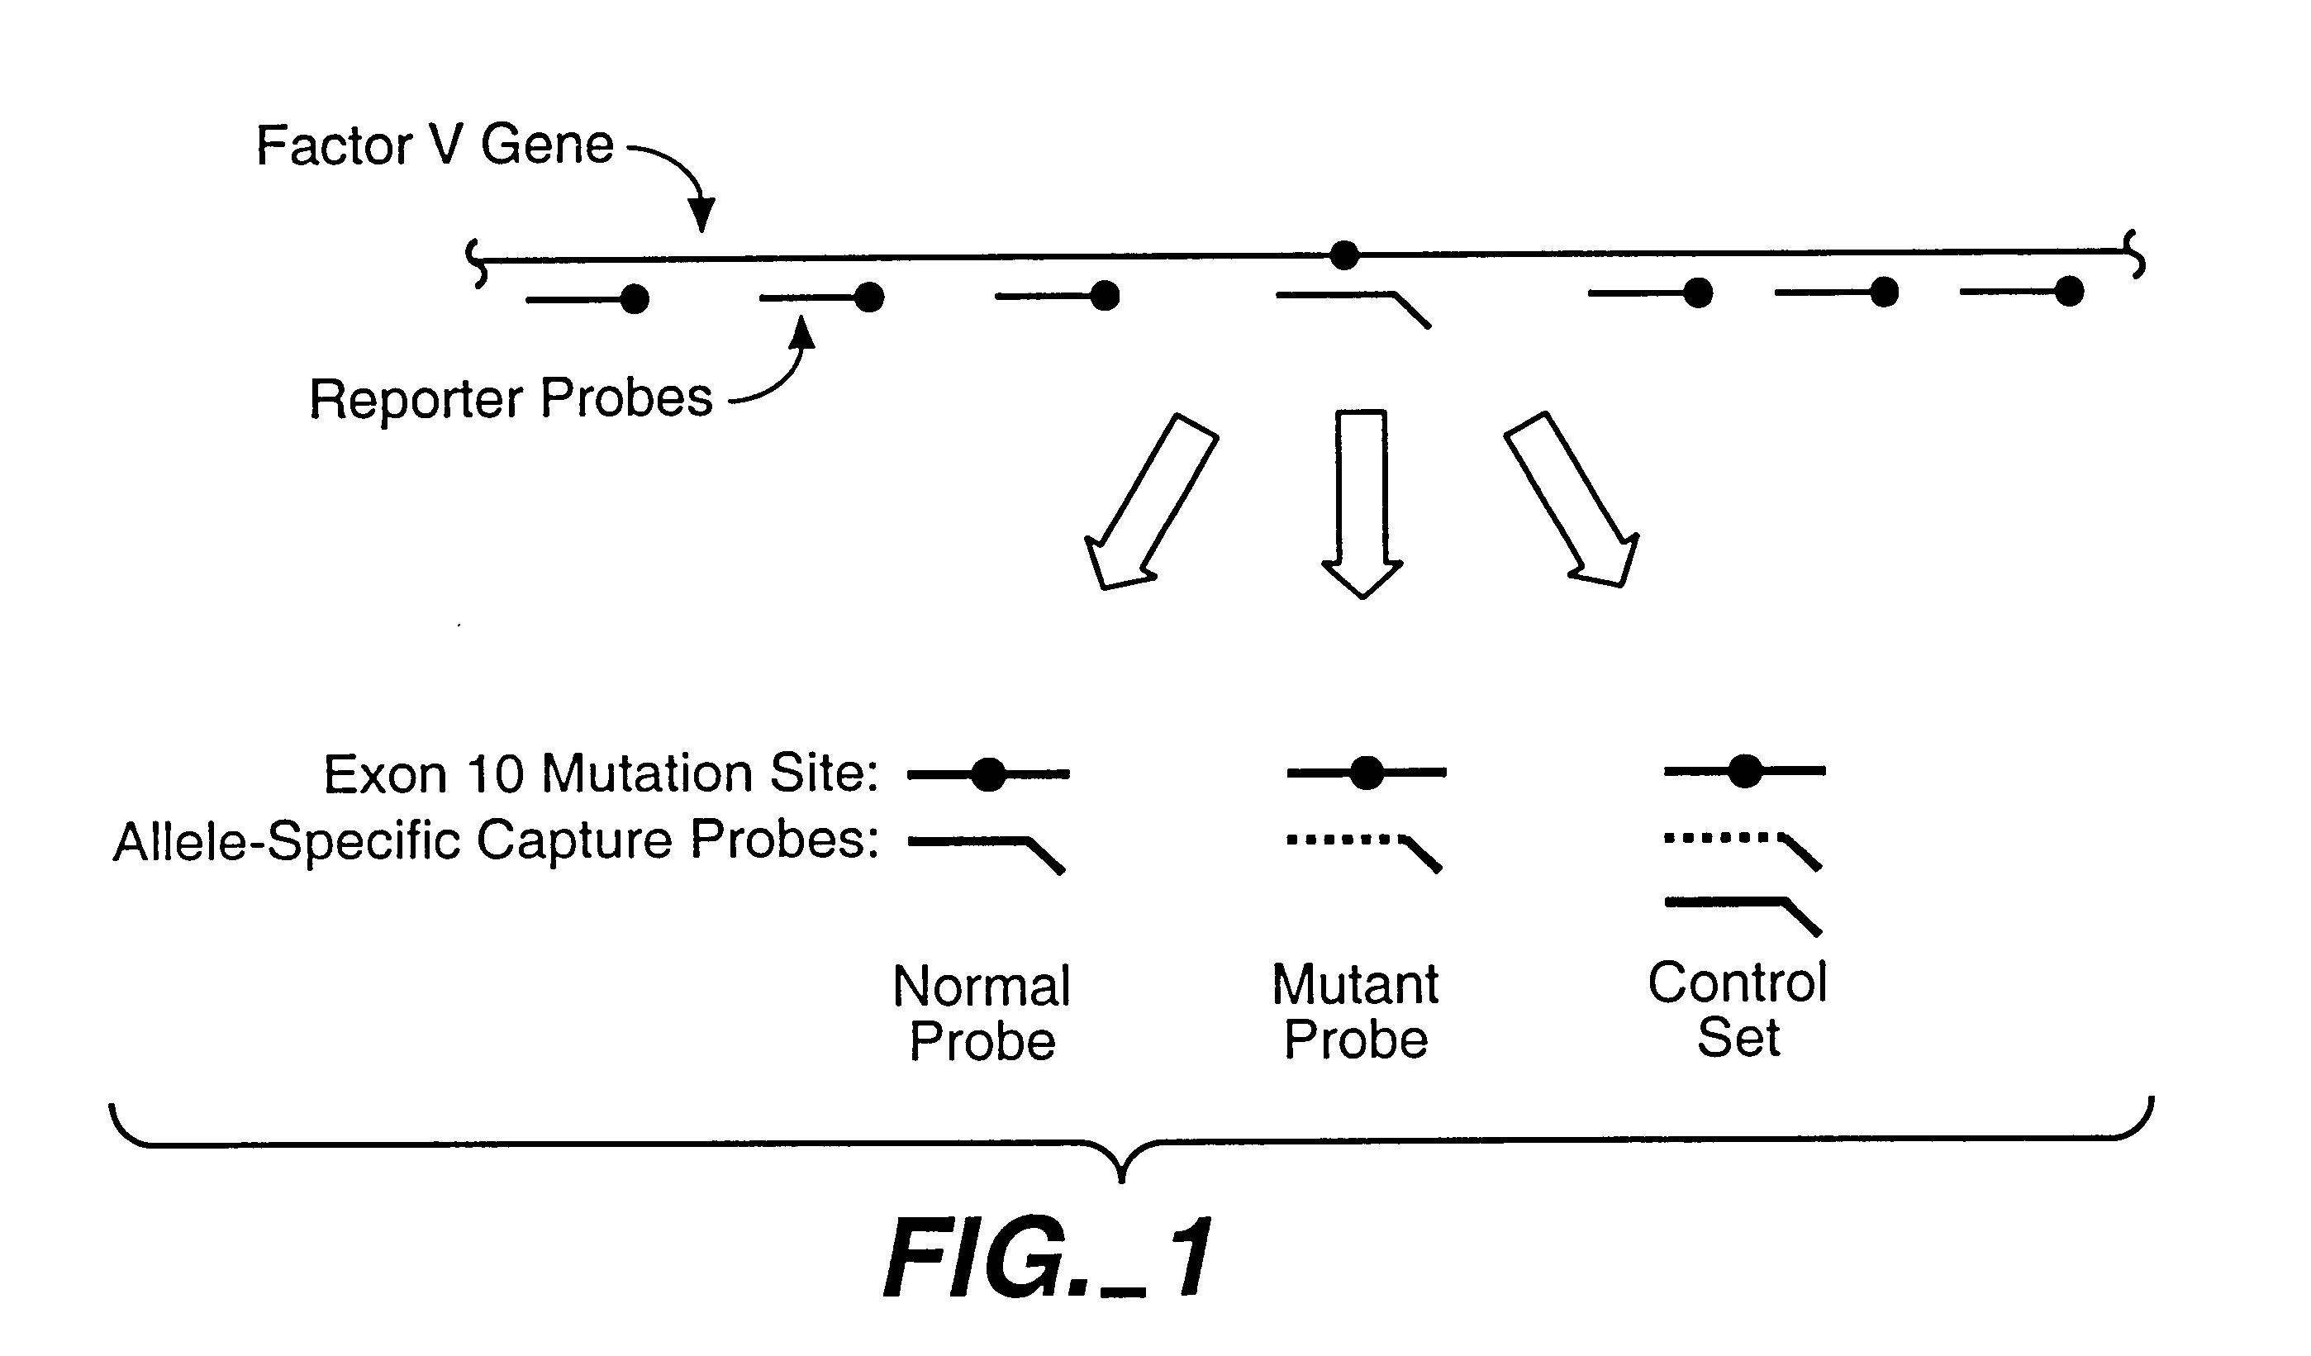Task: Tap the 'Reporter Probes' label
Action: point(511,398)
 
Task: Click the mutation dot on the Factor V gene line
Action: point(1343,255)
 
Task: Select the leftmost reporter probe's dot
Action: point(635,299)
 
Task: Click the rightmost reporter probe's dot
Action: point(2069,292)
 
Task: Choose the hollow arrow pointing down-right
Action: point(1572,499)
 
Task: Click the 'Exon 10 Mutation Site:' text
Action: point(601,773)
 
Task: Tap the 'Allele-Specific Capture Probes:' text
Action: point(495,840)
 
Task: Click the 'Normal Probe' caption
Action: point(982,1013)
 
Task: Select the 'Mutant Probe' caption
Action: point(1355,1011)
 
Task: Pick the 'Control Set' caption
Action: point(1738,1009)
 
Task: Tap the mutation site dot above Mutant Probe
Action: point(1367,773)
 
